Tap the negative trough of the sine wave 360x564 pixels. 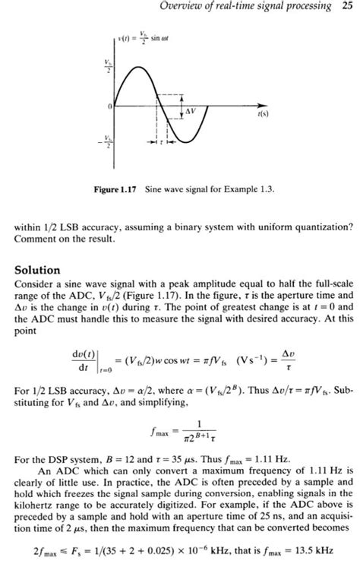point(182,141)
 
